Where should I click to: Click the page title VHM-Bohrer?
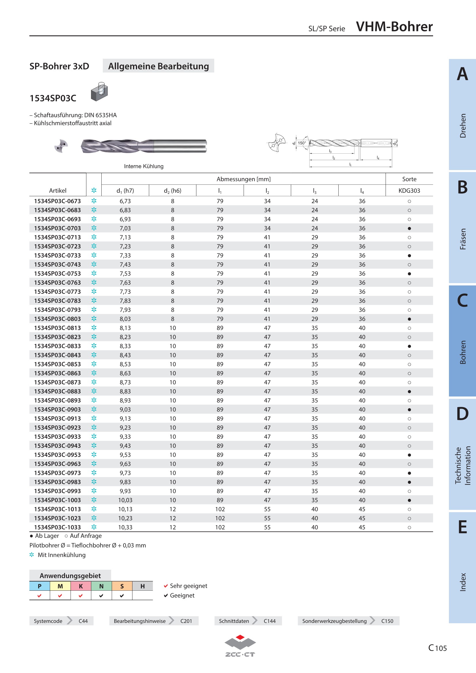point(394,27)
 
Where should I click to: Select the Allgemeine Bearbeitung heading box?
point(158,66)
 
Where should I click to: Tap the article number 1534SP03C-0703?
point(58,228)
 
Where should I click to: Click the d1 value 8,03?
point(125,319)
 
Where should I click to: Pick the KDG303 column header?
point(409,190)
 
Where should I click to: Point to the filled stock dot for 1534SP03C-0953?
point(409,455)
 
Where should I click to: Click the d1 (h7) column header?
point(125,190)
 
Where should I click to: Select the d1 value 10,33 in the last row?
point(125,527)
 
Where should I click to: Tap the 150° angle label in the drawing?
point(302,143)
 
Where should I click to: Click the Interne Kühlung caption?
point(144,166)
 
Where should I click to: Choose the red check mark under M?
point(60,595)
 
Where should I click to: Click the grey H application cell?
point(143,586)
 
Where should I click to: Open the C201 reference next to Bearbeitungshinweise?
point(186,621)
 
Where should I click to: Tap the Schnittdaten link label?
point(234,621)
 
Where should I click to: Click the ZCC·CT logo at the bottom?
point(240,646)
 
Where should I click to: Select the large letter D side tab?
point(462,413)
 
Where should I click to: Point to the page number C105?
point(438,648)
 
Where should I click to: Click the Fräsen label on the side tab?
point(463,239)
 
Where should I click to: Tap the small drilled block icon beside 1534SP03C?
point(99,92)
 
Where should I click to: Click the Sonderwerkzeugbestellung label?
point(334,621)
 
